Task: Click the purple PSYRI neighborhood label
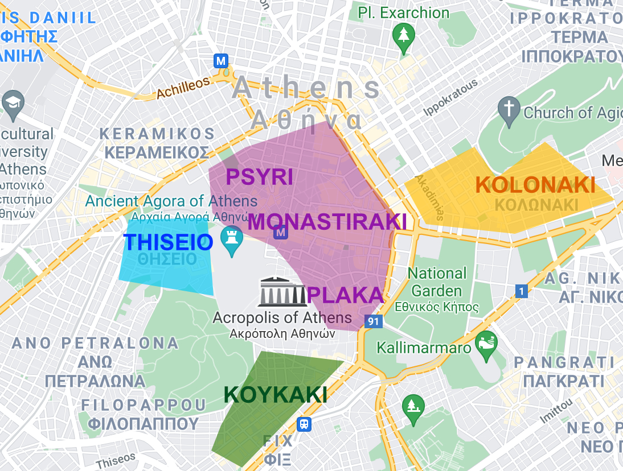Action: tap(260, 177)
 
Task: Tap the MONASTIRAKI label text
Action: tap(327, 222)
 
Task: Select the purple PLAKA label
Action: tap(345, 295)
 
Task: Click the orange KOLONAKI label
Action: tap(535, 185)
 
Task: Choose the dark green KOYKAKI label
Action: tap(276, 395)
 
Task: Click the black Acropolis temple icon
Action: tap(282, 292)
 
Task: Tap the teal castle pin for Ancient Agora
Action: tap(231, 241)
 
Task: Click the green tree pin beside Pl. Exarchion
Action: tap(404, 38)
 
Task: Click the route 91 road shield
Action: tap(374, 321)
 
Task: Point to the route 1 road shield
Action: tap(520, 291)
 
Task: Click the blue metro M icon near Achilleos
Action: tap(220, 60)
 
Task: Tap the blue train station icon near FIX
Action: tap(305, 424)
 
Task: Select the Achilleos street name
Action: tap(183, 87)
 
